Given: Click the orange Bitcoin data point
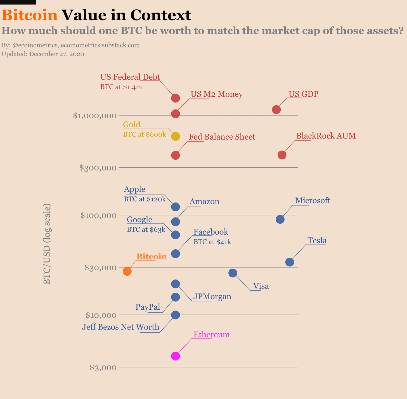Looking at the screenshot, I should pyautogui.click(x=127, y=271).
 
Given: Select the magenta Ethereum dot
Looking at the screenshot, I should pyautogui.click(x=175, y=356).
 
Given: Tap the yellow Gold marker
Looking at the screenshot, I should pyautogui.click(x=175, y=136).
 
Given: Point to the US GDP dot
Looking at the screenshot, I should pyautogui.click(x=276, y=109).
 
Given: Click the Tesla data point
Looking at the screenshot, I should pyautogui.click(x=290, y=262).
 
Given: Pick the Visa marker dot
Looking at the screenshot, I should pyautogui.click(x=233, y=273).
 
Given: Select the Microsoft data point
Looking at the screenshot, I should pyautogui.click(x=280, y=219).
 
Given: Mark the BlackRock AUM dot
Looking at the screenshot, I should pyautogui.click(x=282, y=155).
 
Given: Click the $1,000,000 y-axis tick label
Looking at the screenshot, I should pyautogui.click(x=94, y=115).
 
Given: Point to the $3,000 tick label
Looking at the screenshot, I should pyautogui.click(x=103, y=367).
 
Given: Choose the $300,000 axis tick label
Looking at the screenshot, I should pyautogui.click(x=98, y=168).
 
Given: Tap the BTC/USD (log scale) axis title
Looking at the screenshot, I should pyautogui.click(x=47, y=244).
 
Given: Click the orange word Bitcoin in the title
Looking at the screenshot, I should pyautogui.click(x=30, y=15).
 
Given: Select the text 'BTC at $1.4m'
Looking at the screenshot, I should pyautogui.click(x=121, y=87).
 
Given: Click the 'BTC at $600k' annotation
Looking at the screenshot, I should pyautogui.click(x=145, y=134).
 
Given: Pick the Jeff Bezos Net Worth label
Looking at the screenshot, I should pyautogui.click(x=120, y=327).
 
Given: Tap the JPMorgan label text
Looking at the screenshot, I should pyautogui.click(x=212, y=296).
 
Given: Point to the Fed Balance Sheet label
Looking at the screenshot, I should pyautogui.click(x=222, y=137).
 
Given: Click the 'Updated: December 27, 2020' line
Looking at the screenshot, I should pyautogui.click(x=43, y=54).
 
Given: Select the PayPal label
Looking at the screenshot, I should pyautogui.click(x=148, y=307).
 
